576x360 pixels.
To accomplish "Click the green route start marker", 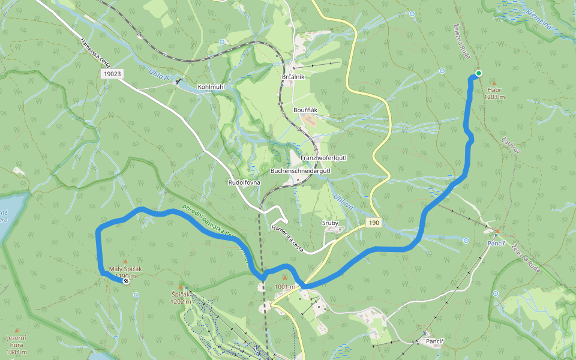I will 478,73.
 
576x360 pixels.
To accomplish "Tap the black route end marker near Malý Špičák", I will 126,281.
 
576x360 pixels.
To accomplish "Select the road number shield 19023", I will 112,73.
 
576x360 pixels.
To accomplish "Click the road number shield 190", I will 374,223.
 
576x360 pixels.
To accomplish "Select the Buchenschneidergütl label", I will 301,171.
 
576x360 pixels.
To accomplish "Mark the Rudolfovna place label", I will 244,182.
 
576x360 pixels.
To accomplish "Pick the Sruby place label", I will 330,223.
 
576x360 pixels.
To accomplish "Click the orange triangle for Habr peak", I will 494,83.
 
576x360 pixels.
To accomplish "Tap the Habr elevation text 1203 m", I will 494,97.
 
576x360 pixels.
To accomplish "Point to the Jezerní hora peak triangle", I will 16,330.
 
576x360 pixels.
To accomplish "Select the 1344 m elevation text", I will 16,352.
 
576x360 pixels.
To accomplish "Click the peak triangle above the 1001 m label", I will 284,278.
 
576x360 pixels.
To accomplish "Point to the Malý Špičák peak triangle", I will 125,262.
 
